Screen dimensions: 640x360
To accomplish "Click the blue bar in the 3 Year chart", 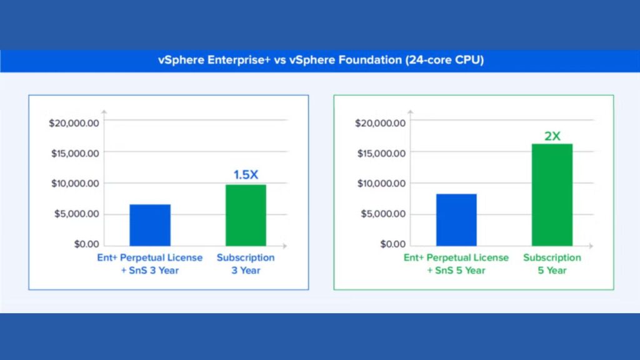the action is pyautogui.click(x=150, y=225).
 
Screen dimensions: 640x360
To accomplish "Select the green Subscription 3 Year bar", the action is pyautogui.click(x=246, y=215).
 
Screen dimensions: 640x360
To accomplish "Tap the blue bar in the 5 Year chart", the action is pyautogui.click(x=456, y=220).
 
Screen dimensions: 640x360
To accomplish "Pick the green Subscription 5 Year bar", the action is pyautogui.click(x=552, y=195).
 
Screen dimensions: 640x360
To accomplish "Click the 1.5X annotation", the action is pyautogui.click(x=246, y=175).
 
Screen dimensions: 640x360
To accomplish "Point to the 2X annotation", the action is pyautogui.click(x=552, y=136).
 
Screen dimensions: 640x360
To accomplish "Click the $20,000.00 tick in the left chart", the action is pyautogui.click(x=74, y=123).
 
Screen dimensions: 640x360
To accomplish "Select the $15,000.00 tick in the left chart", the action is pyautogui.click(x=75, y=154).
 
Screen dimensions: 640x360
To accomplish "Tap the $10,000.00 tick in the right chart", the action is pyautogui.click(x=382, y=184).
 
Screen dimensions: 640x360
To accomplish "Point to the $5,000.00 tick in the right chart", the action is pyautogui.click(x=383, y=214).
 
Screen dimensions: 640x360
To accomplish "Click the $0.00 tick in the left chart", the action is pyautogui.click(x=86, y=244).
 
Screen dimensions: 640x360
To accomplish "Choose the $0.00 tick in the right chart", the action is pyautogui.click(x=393, y=244).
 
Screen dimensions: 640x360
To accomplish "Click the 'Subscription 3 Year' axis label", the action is pyautogui.click(x=246, y=264).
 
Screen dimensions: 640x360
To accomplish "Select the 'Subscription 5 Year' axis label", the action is pyautogui.click(x=552, y=264).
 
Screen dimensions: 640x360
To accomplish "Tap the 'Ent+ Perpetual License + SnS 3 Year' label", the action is pyautogui.click(x=150, y=264).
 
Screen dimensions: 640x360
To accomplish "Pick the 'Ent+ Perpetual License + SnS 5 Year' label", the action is pyautogui.click(x=456, y=264).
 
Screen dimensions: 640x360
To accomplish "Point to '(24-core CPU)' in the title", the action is pyautogui.click(x=444, y=61).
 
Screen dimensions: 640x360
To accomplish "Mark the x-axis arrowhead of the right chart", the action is pyautogui.click(x=591, y=246).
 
